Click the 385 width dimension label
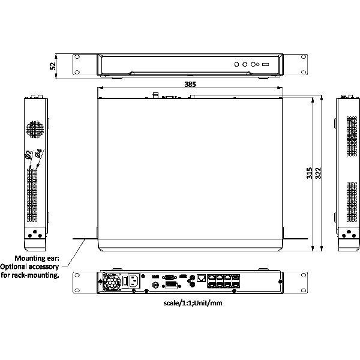click(190, 84)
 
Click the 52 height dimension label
click(53, 66)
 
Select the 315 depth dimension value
click(309, 173)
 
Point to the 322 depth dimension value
click(318, 173)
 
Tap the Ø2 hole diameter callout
click(28, 155)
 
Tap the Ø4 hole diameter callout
click(39, 153)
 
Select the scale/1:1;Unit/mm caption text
click(193, 303)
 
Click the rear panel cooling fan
click(112, 282)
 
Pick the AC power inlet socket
click(134, 281)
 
